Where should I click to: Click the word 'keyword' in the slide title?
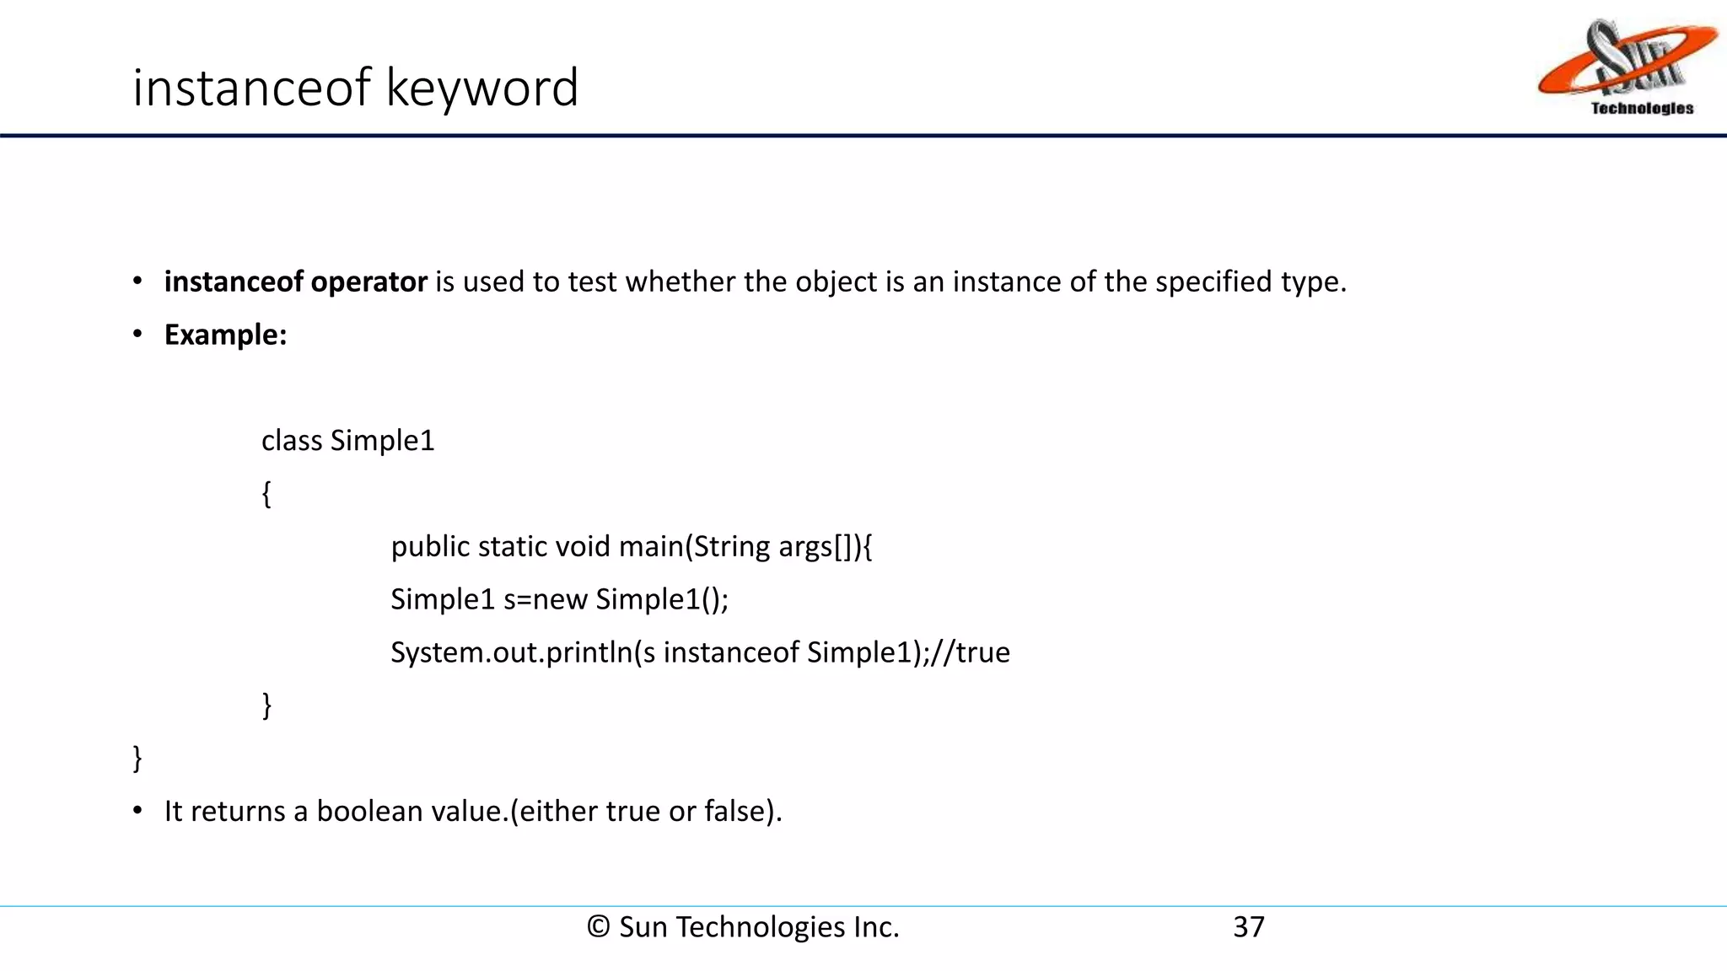(x=482, y=88)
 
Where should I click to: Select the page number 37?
(x=1248, y=927)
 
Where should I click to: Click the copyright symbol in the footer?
(x=598, y=927)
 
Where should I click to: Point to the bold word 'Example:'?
(x=225, y=335)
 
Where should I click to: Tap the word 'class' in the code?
(x=292, y=441)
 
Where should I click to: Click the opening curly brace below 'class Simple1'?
(x=266, y=494)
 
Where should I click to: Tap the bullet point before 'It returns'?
(x=137, y=811)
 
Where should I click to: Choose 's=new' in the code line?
(x=545, y=599)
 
